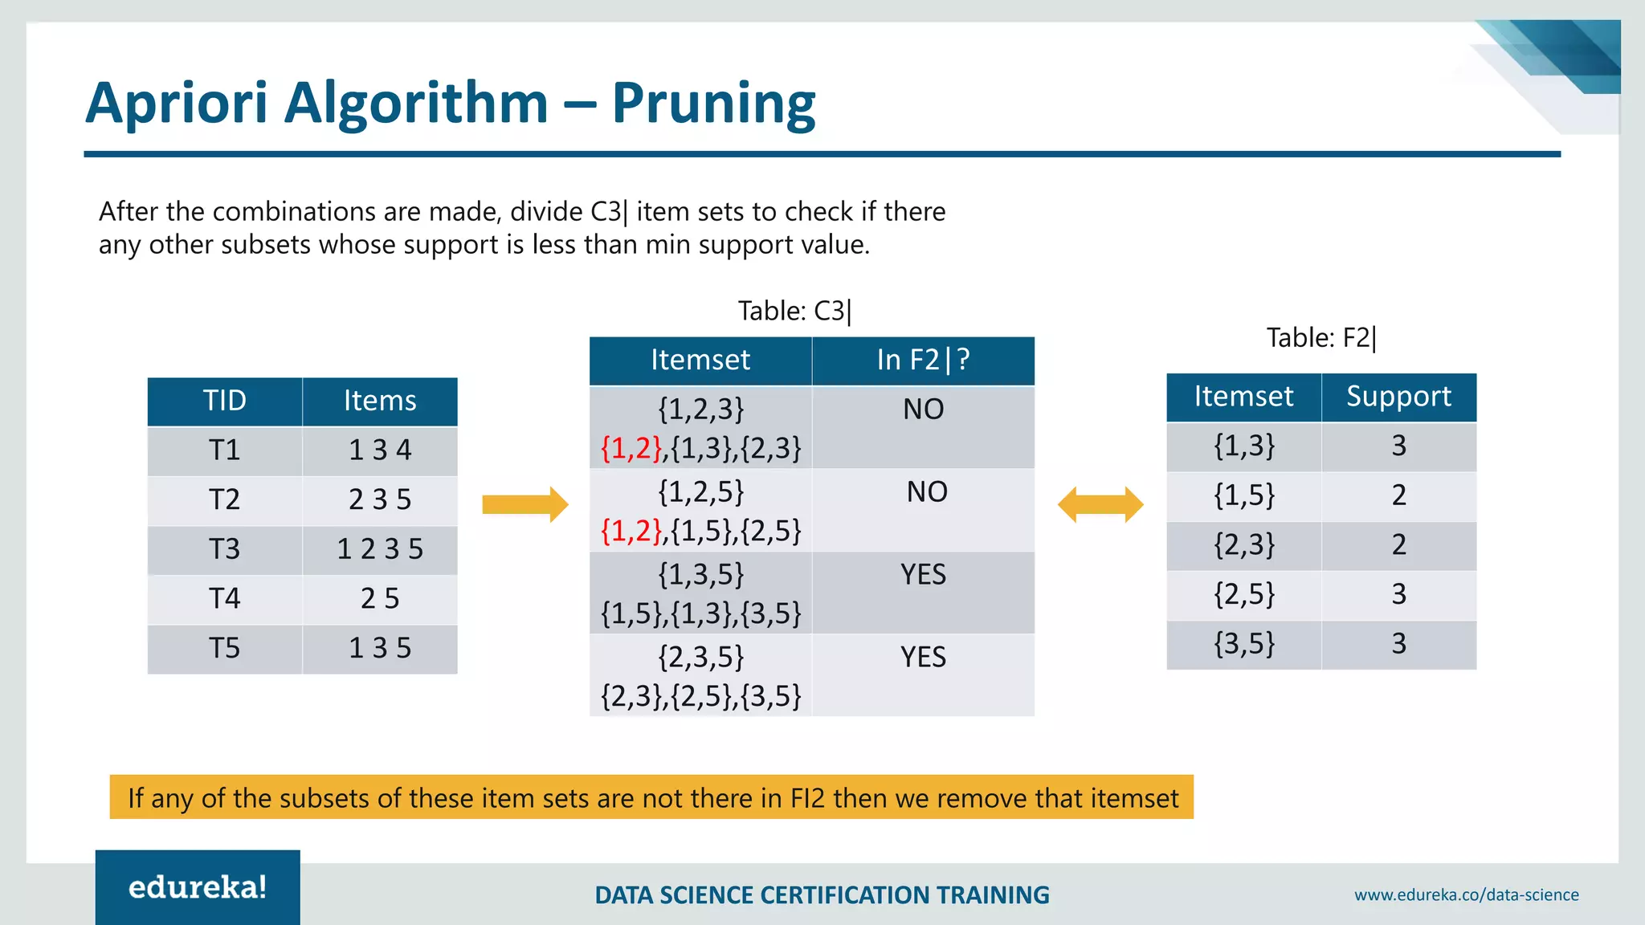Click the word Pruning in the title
(x=713, y=104)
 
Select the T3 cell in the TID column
(x=224, y=549)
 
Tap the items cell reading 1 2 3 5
(x=379, y=549)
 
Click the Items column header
(x=379, y=401)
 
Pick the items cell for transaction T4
(x=379, y=599)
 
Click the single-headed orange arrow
(x=525, y=504)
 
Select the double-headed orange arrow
(x=1100, y=504)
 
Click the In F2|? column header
(x=923, y=361)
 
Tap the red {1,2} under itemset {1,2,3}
(x=631, y=448)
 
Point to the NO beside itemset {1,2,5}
(x=926, y=492)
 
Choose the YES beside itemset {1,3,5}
(x=923, y=575)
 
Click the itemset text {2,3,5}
(x=700, y=657)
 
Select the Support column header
(x=1398, y=397)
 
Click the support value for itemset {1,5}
(x=1398, y=495)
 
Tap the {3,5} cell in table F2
(x=1243, y=644)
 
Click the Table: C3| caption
(x=794, y=311)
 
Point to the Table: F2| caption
(x=1320, y=338)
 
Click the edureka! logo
(x=198, y=887)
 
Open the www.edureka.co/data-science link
(x=1466, y=894)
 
